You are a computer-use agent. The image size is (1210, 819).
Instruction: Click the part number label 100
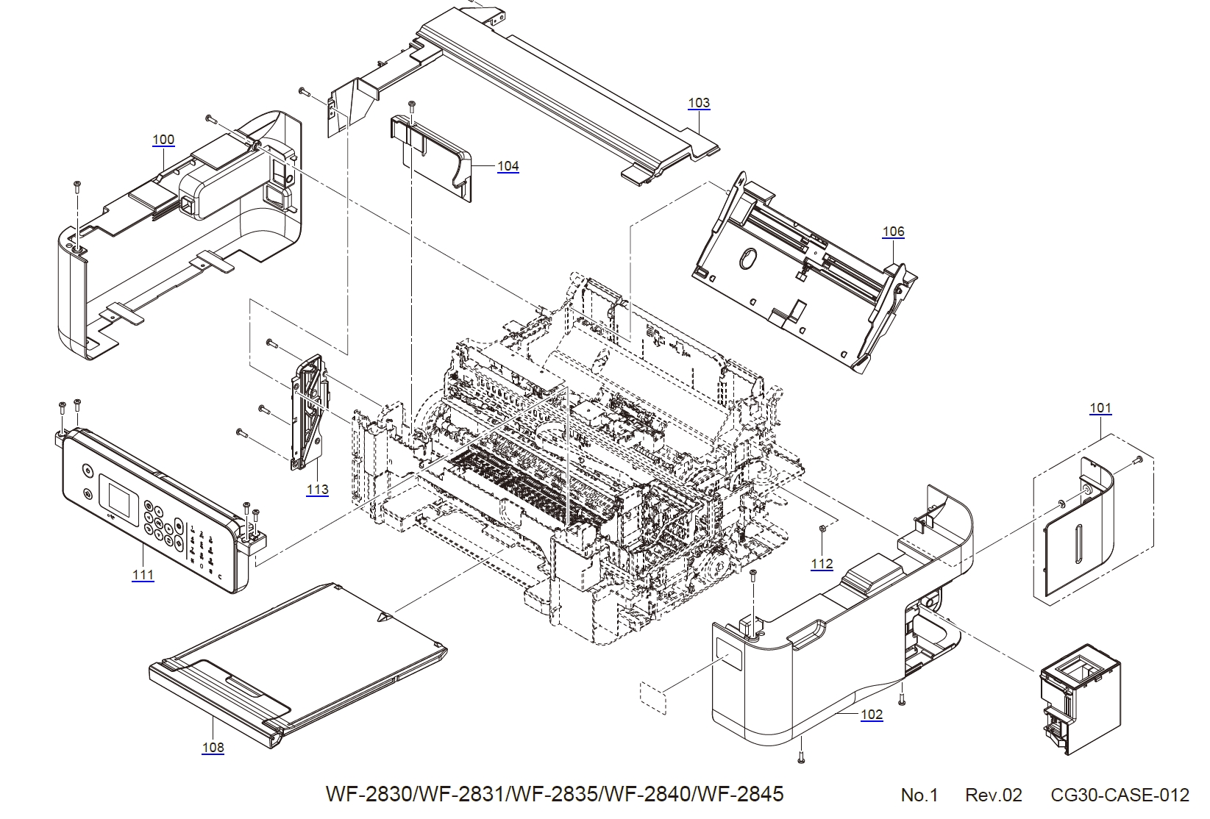coord(163,140)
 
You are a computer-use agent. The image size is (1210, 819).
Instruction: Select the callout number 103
coord(699,103)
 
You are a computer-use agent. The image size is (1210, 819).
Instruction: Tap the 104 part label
coord(508,166)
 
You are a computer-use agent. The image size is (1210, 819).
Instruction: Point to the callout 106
coord(893,232)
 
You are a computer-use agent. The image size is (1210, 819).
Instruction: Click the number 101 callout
coord(1100,408)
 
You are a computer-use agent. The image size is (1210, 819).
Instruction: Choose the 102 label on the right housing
coord(872,714)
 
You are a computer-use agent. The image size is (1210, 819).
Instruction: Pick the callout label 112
coord(822,564)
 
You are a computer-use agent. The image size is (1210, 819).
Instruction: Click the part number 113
coord(318,490)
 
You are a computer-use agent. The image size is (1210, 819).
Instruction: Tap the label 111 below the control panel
coord(143,575)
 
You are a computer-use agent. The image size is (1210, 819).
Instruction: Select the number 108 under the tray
coord(213,748)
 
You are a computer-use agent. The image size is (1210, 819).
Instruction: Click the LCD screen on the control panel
coord(119,498)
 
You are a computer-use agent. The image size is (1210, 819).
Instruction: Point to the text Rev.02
coord(993,795)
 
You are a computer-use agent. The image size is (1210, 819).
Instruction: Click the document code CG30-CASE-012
coord(1120,795)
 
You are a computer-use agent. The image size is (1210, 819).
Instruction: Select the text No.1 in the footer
coord(919,795)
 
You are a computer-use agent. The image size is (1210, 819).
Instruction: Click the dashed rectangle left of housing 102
coord(652,697)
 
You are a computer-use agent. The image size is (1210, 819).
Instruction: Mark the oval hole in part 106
coord(746,260)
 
